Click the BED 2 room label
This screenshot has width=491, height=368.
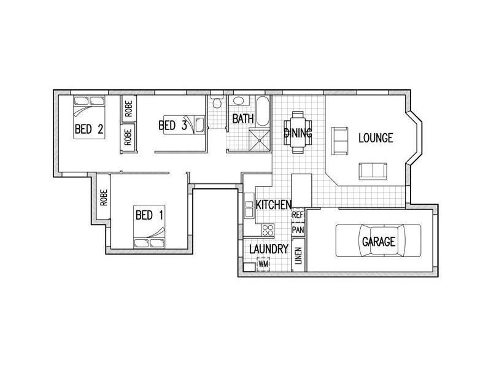[89, 129]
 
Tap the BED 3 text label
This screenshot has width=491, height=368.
[172, 126]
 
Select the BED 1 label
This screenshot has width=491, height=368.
[149, 215]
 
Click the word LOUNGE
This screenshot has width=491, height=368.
[376, 137]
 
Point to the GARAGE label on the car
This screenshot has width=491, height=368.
[378, 242]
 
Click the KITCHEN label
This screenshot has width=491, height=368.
[274, 205]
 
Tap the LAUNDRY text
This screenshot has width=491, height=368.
[269, 249]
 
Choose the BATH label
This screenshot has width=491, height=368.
[242, 119]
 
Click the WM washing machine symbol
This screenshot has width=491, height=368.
[263, 264]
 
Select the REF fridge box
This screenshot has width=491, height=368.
[298, 215]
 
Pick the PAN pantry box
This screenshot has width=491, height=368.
[298, 230]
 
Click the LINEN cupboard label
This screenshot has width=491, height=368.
[298, 255]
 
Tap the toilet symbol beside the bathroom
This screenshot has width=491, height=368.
[217, 102]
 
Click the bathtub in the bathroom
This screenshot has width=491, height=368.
[263, 111]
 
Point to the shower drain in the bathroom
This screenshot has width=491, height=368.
[260, 140]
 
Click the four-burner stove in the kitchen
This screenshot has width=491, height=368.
[268, 230]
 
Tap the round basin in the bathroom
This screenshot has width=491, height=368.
[239, 101]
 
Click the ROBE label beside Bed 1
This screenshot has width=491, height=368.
[104, 197]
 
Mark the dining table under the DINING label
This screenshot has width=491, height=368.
[298, 132]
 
